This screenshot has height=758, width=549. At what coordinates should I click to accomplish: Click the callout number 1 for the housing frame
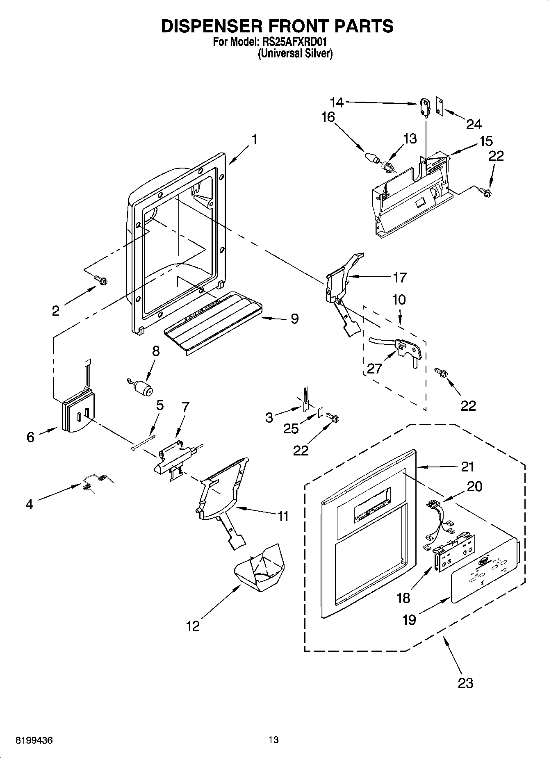[254, 140]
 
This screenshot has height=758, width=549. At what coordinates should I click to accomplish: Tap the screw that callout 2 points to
[101, 280]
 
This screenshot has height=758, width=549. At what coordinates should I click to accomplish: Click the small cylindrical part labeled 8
[142, 387]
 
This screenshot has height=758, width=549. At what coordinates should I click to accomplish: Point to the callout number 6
[30, 437]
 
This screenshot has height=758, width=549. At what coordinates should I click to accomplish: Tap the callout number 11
[283, 516]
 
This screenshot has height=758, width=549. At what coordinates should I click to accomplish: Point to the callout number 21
[467, 467]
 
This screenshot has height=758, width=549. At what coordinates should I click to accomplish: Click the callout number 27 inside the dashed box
[374, 368]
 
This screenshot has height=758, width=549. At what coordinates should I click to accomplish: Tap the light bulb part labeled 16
[371, 157]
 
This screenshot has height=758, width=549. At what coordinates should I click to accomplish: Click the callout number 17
[399, 278]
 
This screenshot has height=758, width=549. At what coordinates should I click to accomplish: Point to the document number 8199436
[34, 740]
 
